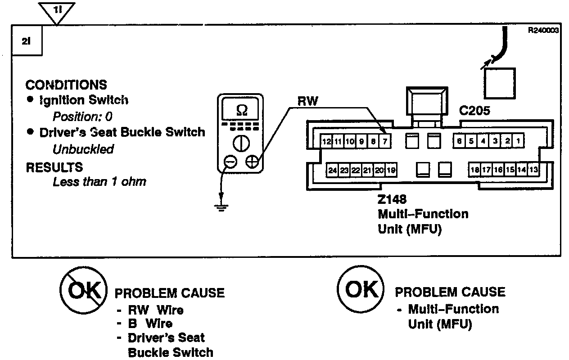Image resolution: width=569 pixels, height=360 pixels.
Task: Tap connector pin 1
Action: pyautogui.click(x=519, y=141)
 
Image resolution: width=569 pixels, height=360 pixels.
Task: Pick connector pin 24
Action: pyautogui.click(x=333, y=171)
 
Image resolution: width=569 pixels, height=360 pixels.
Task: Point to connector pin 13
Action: pyautogui.click(x=533, y=170)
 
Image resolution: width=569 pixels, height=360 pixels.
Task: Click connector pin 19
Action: pyautogui.click(x=391, y=171)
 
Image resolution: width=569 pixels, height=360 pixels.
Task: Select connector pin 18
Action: pyautogui.click(x=474, y=170)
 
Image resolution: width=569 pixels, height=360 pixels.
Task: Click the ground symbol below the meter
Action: pyautogui.click(x=221, y=207)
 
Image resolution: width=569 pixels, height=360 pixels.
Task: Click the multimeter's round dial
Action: pyautogui.click(x=241, y=144)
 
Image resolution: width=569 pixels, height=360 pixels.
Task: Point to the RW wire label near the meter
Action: pyautogui.click(x=307, y=102)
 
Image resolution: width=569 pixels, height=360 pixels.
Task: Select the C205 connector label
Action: pyautogui.click(x=474, y=111)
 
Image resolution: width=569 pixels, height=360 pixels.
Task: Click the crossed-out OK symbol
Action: pyautogui.click(x=84, y=291)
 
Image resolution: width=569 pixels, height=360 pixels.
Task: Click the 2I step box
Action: pyautogui.click(x=26, y=41)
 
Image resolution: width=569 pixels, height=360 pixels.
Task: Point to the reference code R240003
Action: pyautogui.click(x=544, y=31)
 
